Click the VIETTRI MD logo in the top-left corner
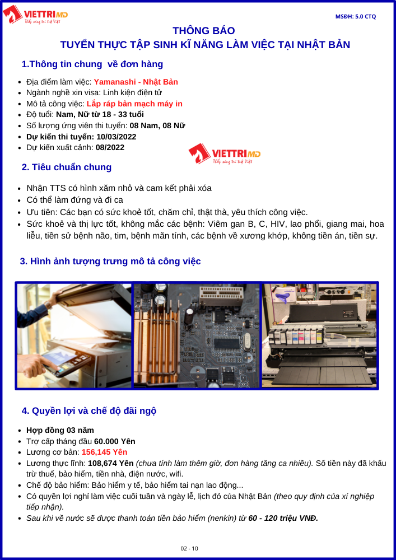[x=35, y=15]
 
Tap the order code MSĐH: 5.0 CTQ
[x=355, y=16]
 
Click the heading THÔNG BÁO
[x=204, y=31]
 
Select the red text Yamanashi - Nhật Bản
[x=136, y=82]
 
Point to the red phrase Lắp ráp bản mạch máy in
[x=134, y=104]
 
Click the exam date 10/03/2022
[x=117, y=137]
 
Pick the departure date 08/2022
[x=110, y=147]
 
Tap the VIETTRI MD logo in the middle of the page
[x=225, y=153]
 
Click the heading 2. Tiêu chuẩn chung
[x=67, y=167]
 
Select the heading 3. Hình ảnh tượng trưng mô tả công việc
[x=110, y=261]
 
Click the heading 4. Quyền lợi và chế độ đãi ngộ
[x=89, y=410]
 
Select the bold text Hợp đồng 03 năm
[x=60, y=430]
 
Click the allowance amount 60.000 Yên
[x=115, y=441]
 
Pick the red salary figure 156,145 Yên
[x=105, y=452]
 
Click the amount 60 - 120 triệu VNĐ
[x=283, y=518]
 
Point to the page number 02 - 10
[x=189, y=548]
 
